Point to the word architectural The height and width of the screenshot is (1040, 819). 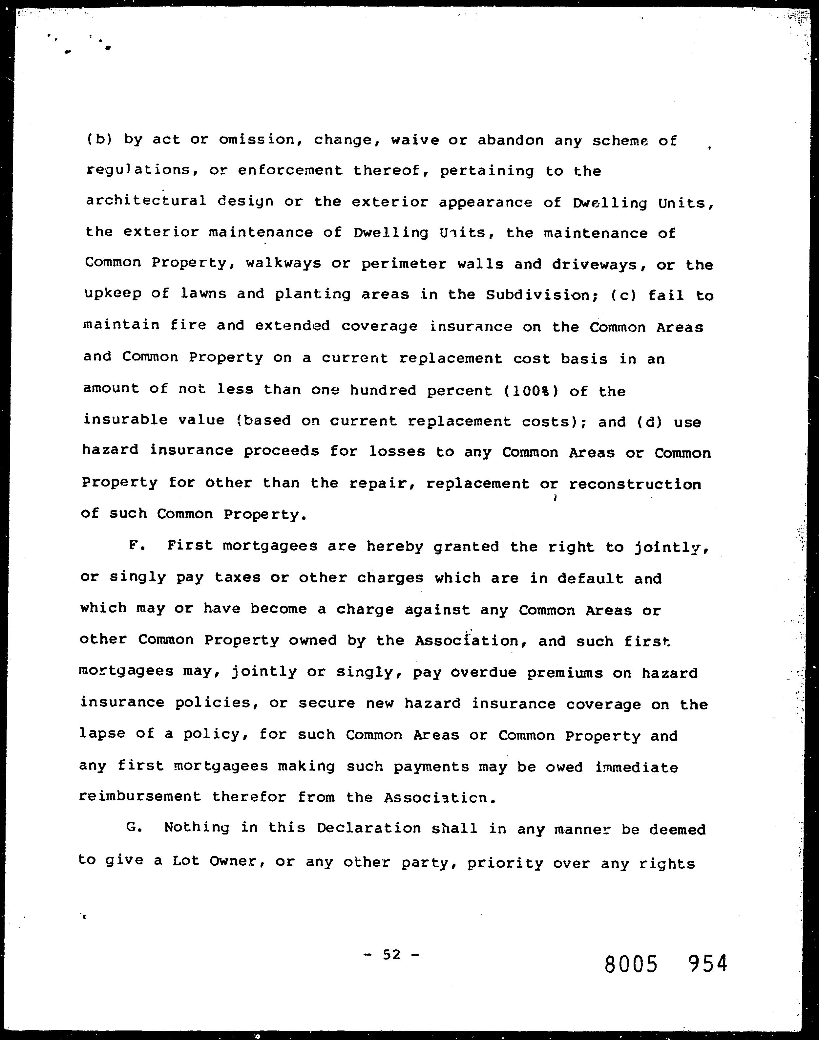(146, 201)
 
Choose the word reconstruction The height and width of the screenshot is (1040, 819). (635, 484)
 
